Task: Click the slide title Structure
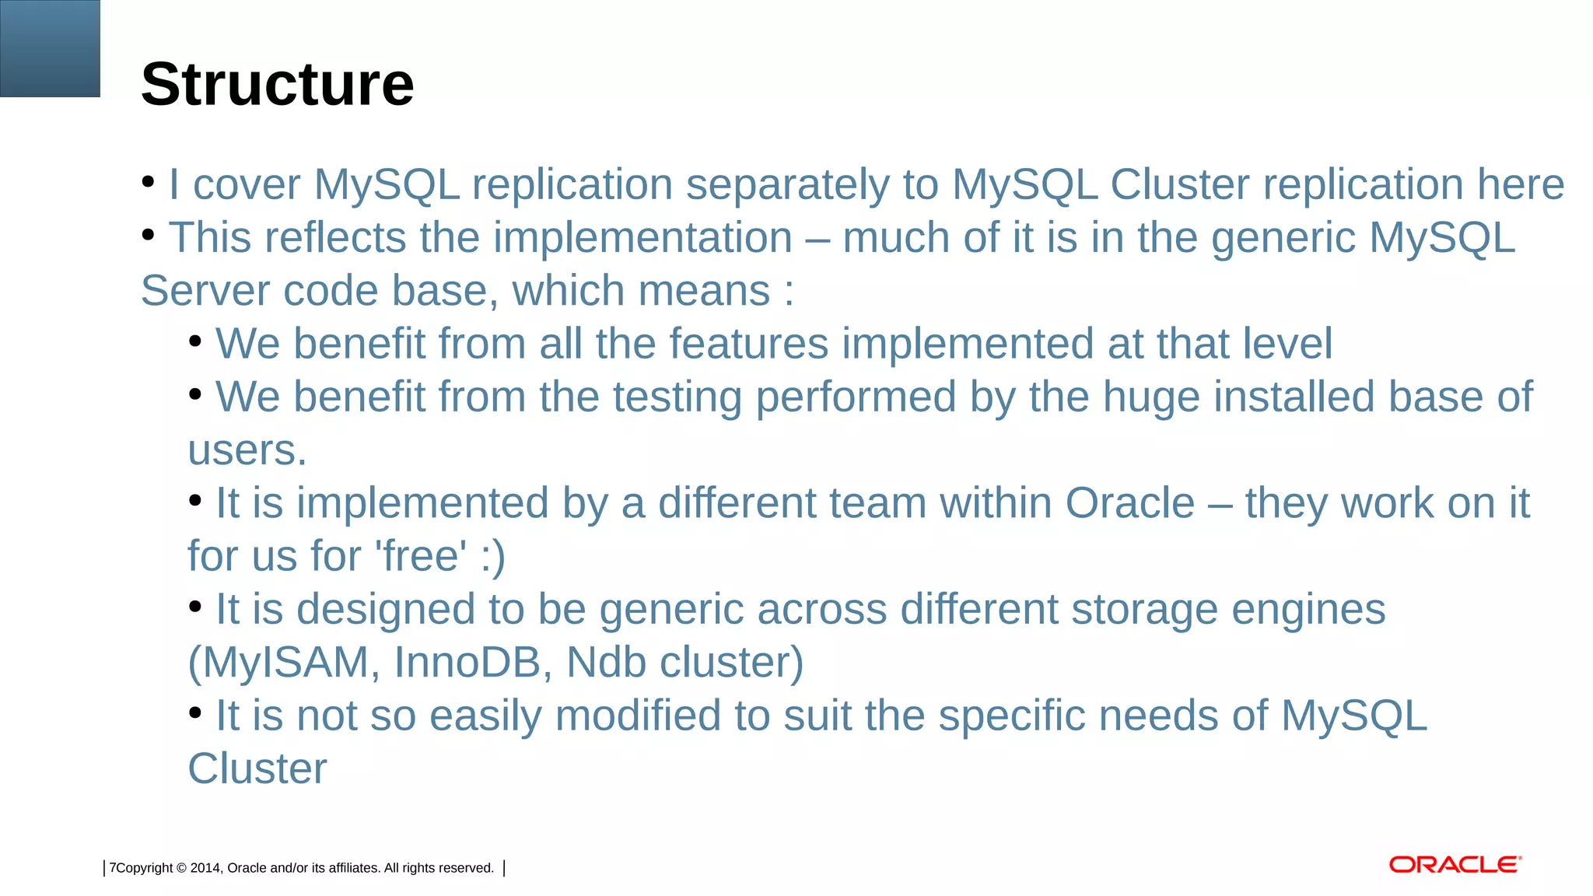[x=277, y=84]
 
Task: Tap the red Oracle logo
[x=1455, y=865]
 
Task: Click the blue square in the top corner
[x=50, y=48]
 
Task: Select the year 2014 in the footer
[x=205, y=868]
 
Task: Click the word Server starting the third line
[x=205, y=292]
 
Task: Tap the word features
[x=748, y=345]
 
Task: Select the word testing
[x=677, y=398]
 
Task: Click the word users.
[x=247, y=451]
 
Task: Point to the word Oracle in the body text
[x=1129, y=503]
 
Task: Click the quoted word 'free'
[x=421, y=556]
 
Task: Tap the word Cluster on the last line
[x=257, y=769]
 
